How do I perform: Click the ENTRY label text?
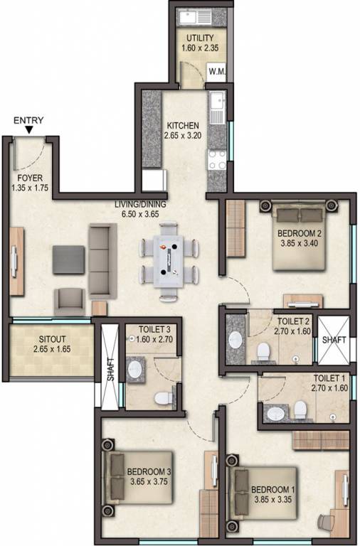(28, 120)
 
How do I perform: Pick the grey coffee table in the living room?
(68, 259)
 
